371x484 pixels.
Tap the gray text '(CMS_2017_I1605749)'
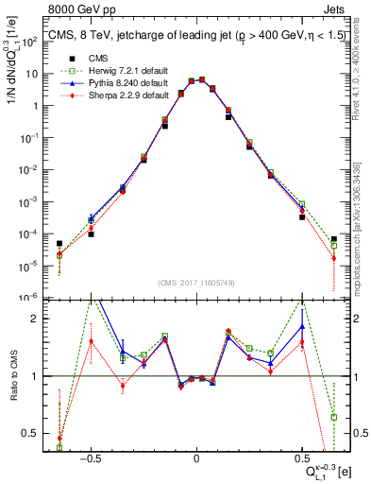[196, 283]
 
